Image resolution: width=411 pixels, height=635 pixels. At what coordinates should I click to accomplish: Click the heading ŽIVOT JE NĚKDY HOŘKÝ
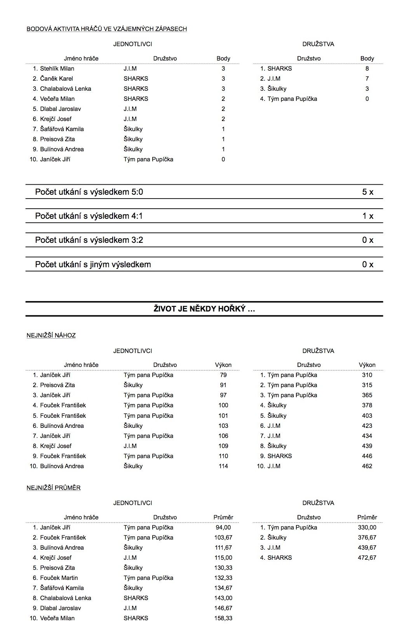[x=204, y=309]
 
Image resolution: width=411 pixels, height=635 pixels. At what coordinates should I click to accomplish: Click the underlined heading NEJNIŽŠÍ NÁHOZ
[x=51, y=336]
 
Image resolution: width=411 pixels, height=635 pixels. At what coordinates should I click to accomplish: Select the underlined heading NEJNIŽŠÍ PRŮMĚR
[x=54, y=488]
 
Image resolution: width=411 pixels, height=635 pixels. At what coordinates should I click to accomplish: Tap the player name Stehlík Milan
[x=57, y=69]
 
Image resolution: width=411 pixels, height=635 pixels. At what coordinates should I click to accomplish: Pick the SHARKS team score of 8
[x=367, y=69]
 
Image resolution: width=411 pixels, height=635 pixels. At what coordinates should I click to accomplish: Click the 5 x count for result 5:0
[x=367, y=192]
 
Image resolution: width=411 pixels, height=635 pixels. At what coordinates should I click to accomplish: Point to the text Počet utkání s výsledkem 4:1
[x=89, y=216]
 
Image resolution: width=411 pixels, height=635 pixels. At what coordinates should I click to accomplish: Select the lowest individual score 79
[x=223, y=375]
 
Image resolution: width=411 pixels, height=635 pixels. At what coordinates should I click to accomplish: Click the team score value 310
[x=367, y=375]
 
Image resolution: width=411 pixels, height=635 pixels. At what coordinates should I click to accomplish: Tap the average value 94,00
[x=223, y=528]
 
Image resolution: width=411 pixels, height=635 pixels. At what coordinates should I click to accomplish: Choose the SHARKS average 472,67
[x=367, y=558]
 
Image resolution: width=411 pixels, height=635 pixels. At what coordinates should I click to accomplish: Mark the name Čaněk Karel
[x=56, y=79]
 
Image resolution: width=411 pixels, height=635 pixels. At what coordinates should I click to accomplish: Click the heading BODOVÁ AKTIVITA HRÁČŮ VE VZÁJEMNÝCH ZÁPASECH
[x=106, y=29]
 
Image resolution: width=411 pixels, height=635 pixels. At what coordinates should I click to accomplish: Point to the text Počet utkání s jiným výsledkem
[x=93, y=265]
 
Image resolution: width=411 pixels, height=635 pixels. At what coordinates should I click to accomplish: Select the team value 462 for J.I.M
[x=367, y=466]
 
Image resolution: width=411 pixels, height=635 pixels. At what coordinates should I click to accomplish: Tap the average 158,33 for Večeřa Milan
[x=223, y=618]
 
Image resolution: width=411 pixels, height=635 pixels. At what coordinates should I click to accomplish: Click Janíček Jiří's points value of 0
[x=223, y=159]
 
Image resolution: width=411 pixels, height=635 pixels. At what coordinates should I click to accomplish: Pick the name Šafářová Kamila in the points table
[x=62, y=129]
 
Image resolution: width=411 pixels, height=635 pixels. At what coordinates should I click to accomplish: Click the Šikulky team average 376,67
[x=367, y=538]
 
